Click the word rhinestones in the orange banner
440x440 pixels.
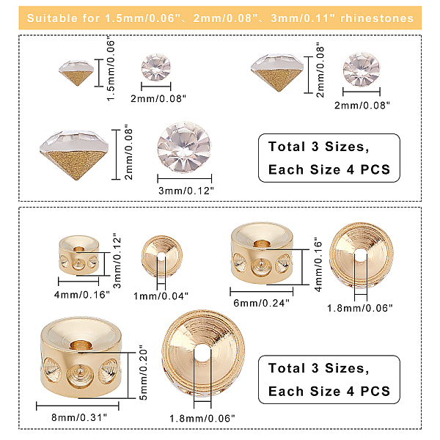(x=377, y=18)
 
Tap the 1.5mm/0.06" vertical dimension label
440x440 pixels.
(x=111, y=70)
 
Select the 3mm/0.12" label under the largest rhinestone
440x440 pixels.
(x=186, y=191)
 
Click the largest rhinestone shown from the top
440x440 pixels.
(x=184, y=147)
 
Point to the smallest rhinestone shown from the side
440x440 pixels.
(x=76, y=73)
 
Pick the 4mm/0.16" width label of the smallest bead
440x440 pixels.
(x=81, y=295)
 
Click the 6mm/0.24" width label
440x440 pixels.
(x=261, y=303)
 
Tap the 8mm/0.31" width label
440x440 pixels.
(x=79, y=417)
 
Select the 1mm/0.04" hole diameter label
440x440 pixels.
(x=161, y=296)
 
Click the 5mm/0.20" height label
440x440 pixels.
(x=144, y=373)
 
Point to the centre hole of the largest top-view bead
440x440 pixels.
(x=202, y=353)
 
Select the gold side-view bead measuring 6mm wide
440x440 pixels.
(x=262, y=253)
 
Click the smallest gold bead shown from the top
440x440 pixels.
(x=161, y=256)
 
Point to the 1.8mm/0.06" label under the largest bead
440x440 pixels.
(x=202, y=419)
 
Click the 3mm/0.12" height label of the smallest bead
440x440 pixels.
(x=117, y=260)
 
